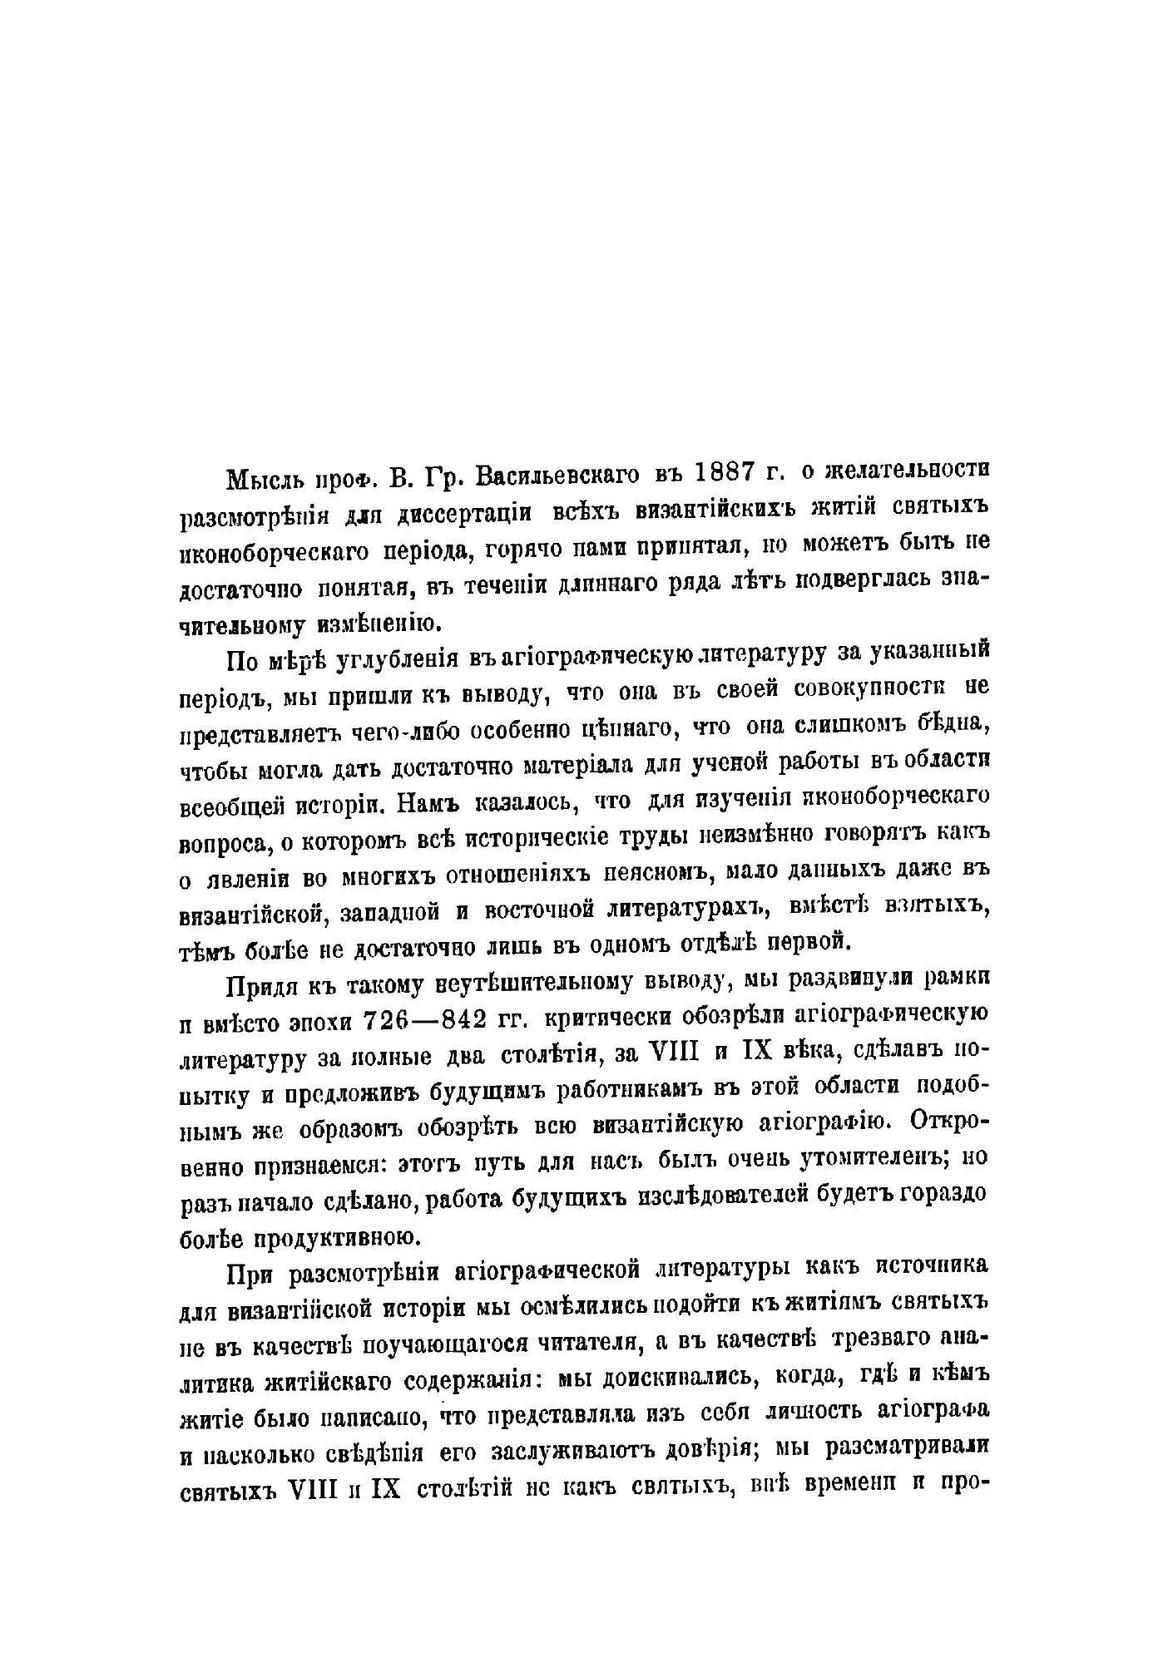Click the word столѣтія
pyautogui.click(x=545, y=1056)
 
